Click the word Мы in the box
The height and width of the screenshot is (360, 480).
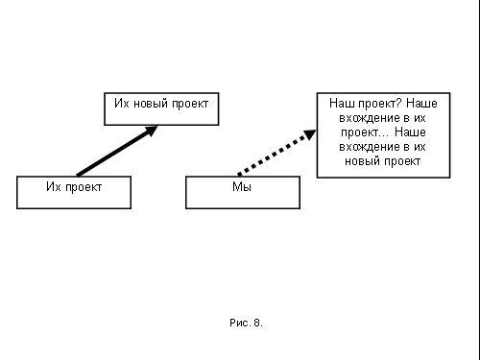click(x=242, y=187)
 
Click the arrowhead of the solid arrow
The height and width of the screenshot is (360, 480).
click(x=151, y=131)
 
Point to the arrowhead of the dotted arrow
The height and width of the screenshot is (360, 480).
click(x=310, y=134)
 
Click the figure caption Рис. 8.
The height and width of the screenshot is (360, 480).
click(x=246, y=323)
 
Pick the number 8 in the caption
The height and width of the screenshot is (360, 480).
click(x=257, y=323)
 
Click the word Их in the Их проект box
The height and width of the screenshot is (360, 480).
click(x=54, y=186)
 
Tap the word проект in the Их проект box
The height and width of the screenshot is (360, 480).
click(x=84, y=188)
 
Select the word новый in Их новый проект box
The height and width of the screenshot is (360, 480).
click(x=151, y=104)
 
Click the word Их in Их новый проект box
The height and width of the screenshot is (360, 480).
click(x=122, y=104)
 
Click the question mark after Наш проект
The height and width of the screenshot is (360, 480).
click(x=399, y=104)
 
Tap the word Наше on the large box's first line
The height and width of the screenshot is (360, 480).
click(x=421, y=104)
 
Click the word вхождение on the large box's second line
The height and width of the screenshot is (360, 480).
click(x=370, y=118)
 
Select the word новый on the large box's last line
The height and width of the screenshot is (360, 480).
click(x=362, y=161)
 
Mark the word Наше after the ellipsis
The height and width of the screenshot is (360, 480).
click(x=410, y=132)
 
